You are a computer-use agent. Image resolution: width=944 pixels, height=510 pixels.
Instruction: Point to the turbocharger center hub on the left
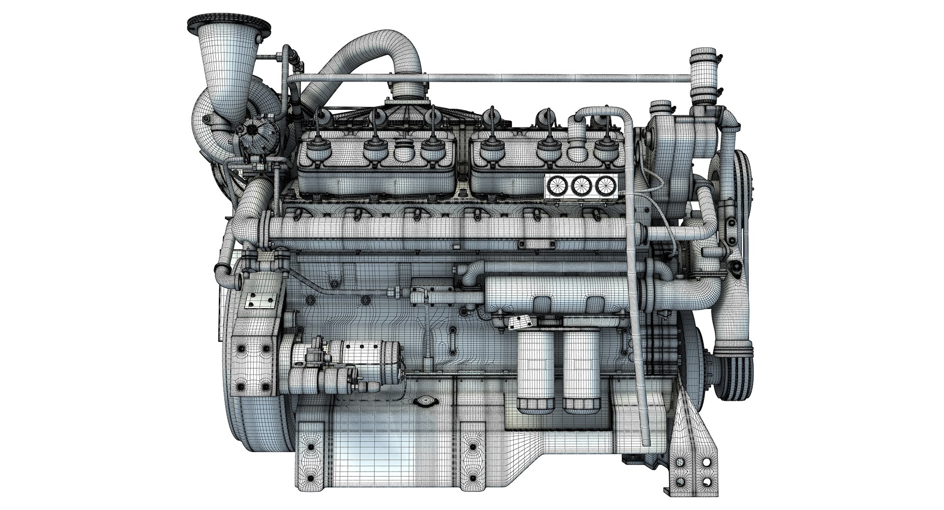252,128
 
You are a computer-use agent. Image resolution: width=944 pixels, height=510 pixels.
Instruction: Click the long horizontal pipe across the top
492,77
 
